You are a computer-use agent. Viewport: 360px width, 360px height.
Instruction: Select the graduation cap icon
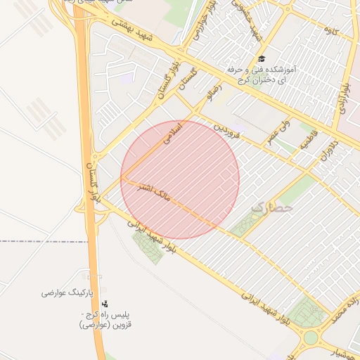tap(262, 60)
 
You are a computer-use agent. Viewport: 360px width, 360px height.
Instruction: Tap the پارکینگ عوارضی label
tap(63, 292)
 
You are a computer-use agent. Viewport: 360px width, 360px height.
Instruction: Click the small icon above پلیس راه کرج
tap(105, 304)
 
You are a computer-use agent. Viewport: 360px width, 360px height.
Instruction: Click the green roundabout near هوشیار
tap(310, 338)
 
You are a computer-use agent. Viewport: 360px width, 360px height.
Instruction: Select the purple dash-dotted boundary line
tap(42, 241)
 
